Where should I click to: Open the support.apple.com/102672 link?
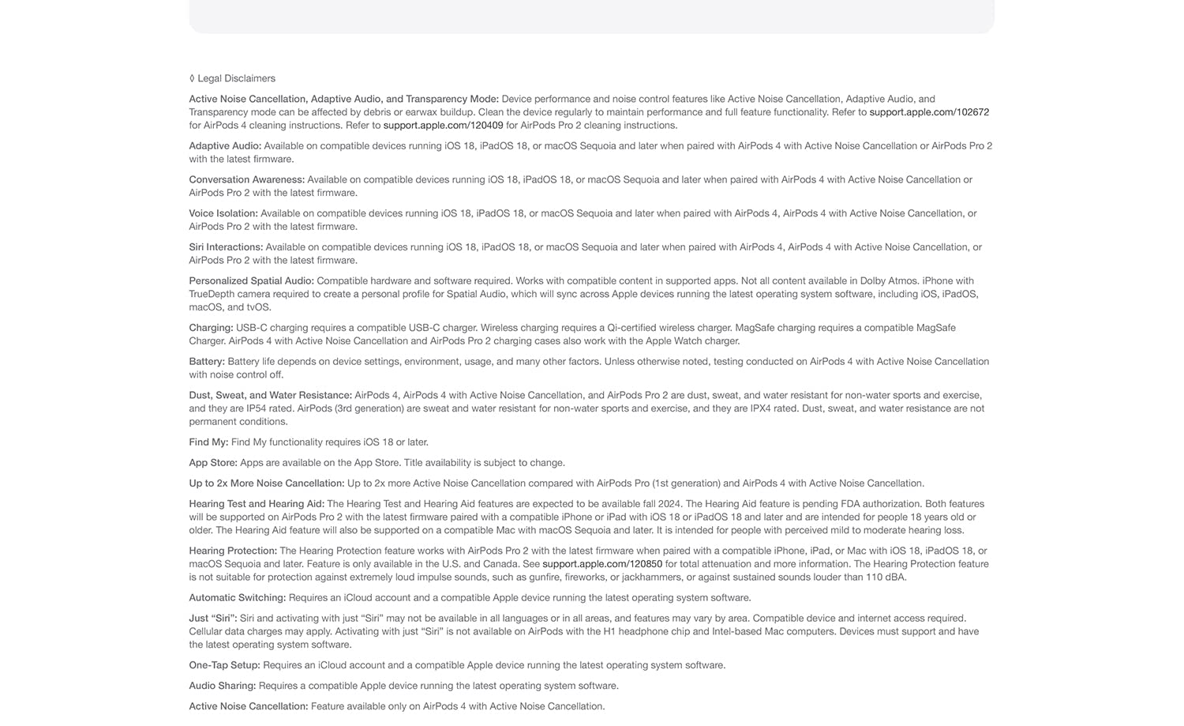point(929,112)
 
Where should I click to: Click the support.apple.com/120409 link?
point(443,126)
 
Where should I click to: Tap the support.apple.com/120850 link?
point(602,564)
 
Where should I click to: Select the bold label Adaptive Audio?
point(225,146)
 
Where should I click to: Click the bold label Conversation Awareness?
point(246,180)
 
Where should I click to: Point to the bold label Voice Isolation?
point(223,213)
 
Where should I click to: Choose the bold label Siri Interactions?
point(226,247)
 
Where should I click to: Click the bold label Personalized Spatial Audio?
point(251,281)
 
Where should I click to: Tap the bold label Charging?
point(211,328)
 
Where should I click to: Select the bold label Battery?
point(207,362)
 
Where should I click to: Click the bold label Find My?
point(208,442)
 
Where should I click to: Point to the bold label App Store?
point(213,463)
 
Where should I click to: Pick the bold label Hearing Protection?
point(233,551)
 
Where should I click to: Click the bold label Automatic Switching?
point(237,598)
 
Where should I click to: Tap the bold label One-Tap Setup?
point(224,665)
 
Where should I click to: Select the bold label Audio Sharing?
point(223,686)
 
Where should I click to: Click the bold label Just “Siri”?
point(212,619)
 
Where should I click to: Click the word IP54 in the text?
point(280,408)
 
